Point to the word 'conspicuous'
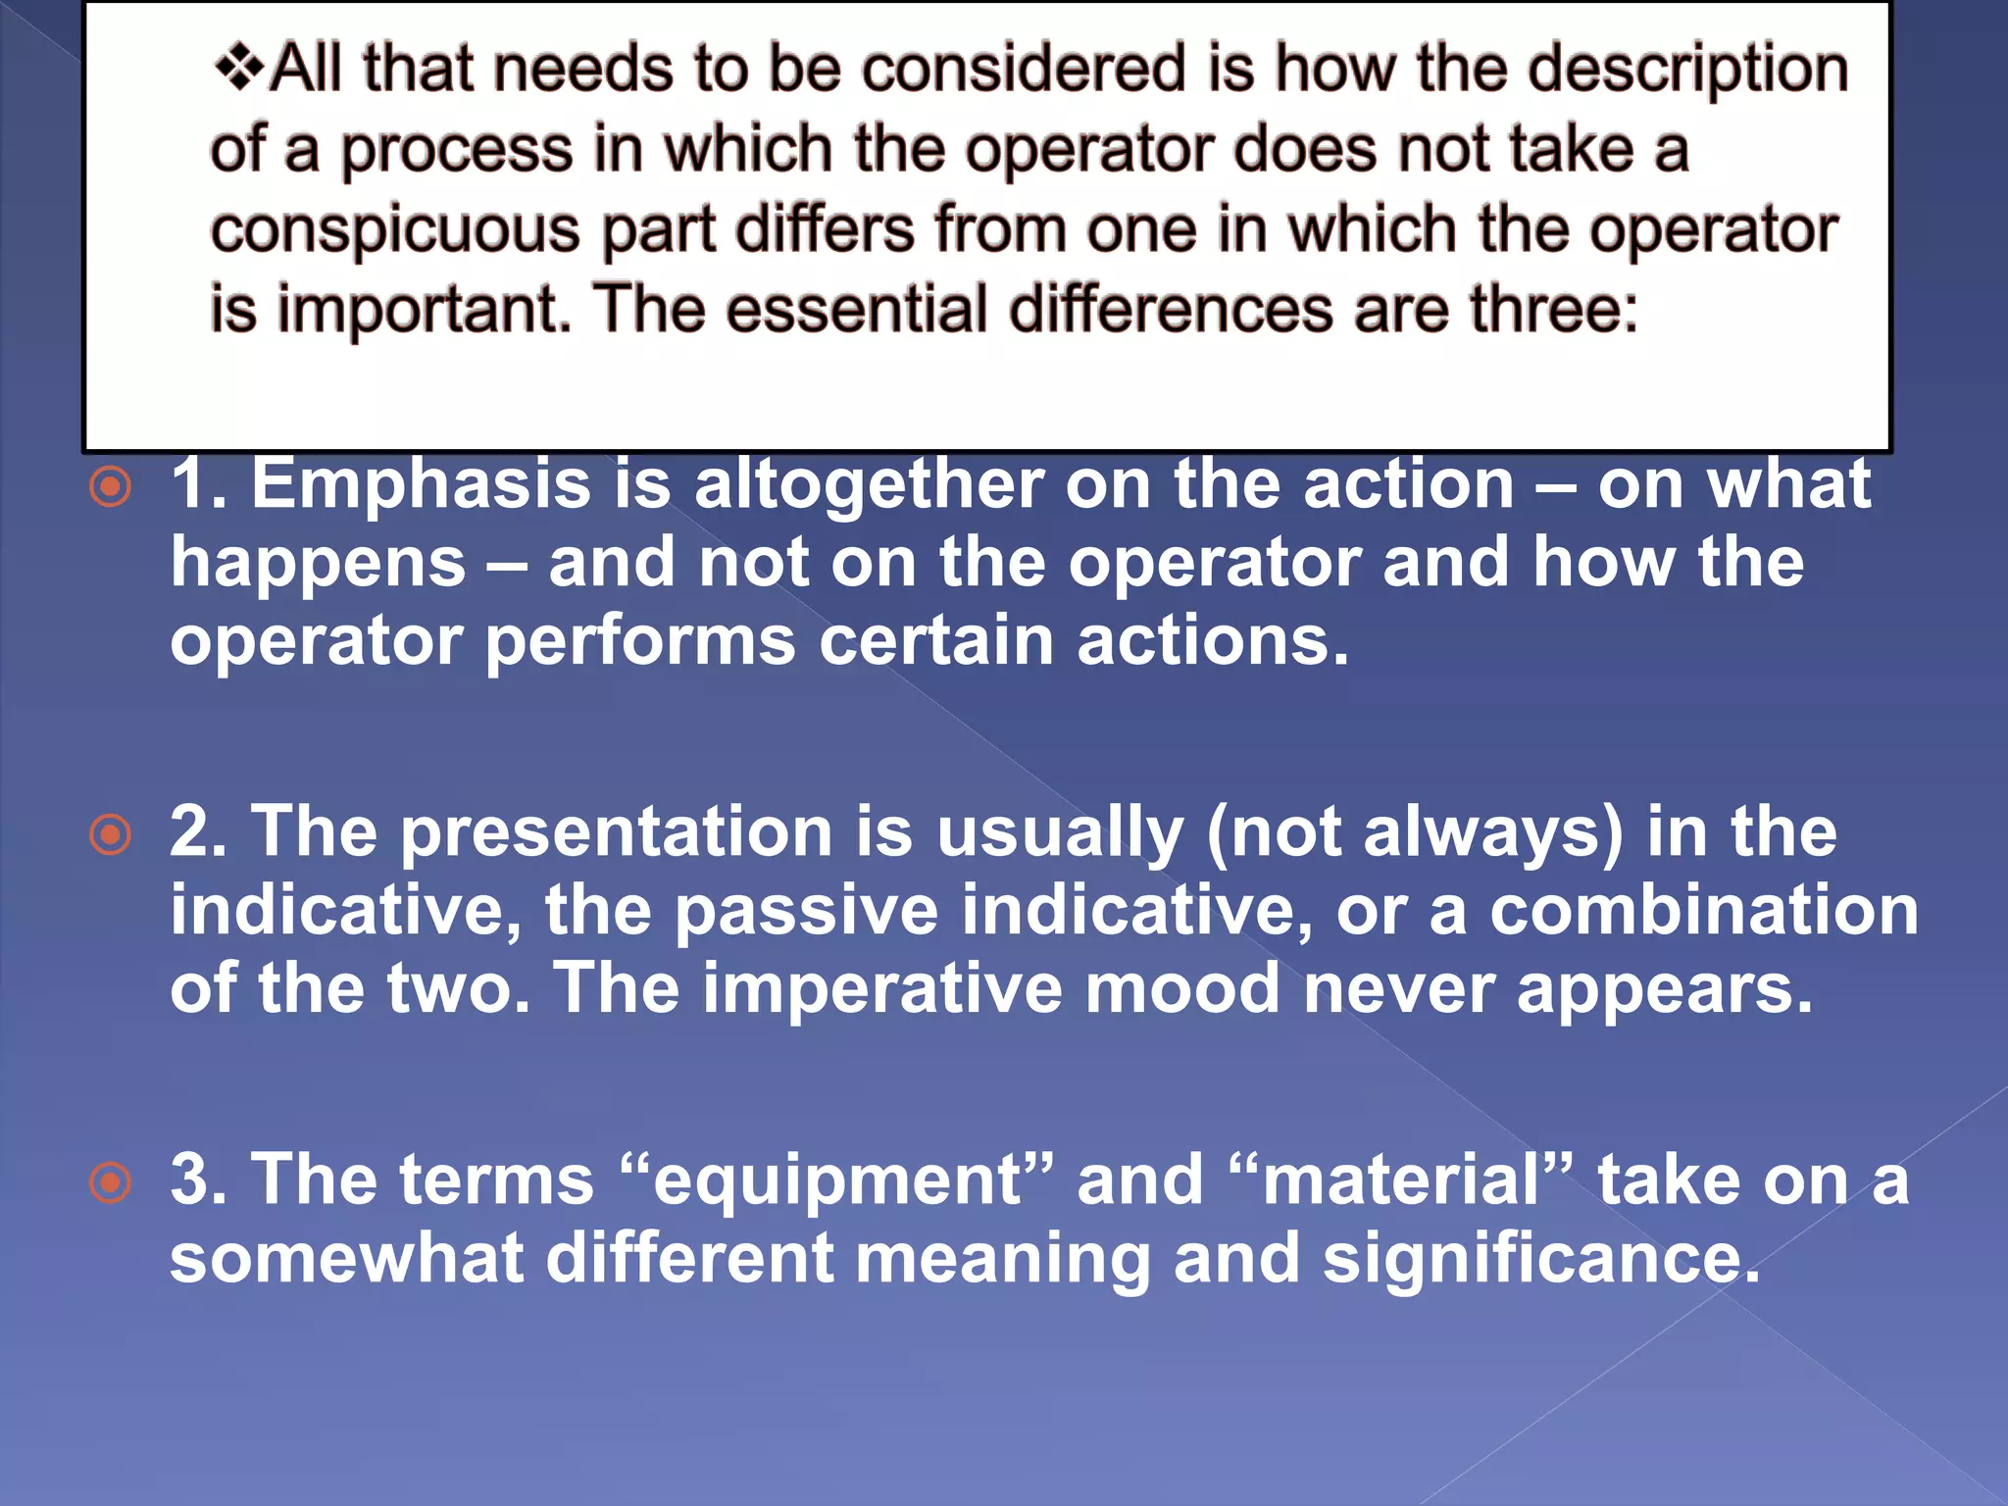395,231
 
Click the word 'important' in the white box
424,310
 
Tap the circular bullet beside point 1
110,487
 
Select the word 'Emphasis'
421,485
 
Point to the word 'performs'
640,642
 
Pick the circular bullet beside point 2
110,835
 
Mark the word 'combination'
1704,911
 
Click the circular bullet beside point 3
110,1182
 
